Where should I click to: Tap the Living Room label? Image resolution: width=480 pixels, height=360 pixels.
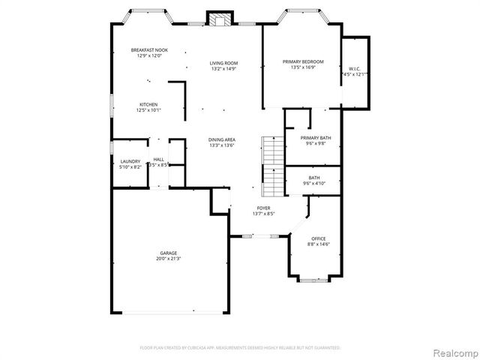click(x=223, y=63)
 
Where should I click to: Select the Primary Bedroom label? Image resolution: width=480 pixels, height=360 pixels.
click(x=303, y=61)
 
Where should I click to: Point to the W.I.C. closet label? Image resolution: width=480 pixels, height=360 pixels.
click(x=355, y=69)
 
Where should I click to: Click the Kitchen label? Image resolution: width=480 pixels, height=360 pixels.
click(x=148, y=104)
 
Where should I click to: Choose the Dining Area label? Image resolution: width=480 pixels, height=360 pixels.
click(x=223, y=139)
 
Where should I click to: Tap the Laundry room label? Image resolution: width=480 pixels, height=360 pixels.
click(x=130, y=161)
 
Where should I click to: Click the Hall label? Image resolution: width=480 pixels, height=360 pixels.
click(x=158, y=159)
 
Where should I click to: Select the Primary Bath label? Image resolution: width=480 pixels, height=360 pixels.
click(x=315, y=138)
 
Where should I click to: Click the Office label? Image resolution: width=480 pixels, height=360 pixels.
click(x=318, y=238)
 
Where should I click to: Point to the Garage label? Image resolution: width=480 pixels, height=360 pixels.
click(x=168, y=253)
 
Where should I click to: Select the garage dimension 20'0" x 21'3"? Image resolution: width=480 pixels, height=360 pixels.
click(x=168, y=259)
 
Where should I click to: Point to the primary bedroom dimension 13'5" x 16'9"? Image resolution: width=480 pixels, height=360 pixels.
click(x=303, y=67)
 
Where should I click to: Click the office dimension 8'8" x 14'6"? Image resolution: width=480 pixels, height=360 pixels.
click(x=318, y=244)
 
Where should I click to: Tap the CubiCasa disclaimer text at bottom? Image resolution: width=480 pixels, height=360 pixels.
click(x=240, y=348)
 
